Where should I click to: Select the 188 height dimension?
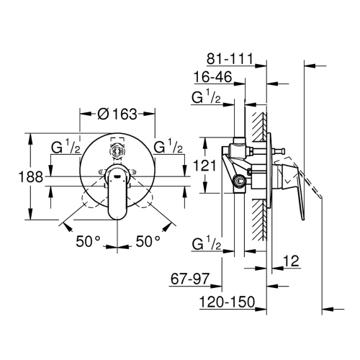coord(16,176)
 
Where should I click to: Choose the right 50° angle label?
coord(147,242)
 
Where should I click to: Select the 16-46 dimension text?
coord(214,76)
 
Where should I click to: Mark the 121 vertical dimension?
coord(210,165)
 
